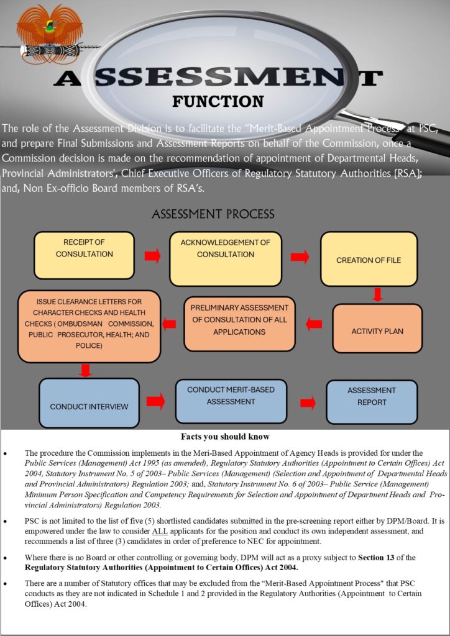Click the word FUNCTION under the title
(x=209, y=101)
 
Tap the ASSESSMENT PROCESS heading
(x=213, y=214)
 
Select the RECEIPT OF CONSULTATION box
(x=84, y=255)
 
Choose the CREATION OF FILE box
(x=369, y=259)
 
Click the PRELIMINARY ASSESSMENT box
(x=239, y=324)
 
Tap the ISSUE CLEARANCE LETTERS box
(x=89, y=326)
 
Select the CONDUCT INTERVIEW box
(x=89, y=403)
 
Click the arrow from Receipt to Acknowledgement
(x=152, y=256)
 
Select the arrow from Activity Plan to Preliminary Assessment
(x=314, y=324)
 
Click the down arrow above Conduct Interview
(x=86, y=370)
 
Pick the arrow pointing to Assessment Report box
(x=307, y=403)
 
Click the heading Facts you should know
(x=225, y=437)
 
